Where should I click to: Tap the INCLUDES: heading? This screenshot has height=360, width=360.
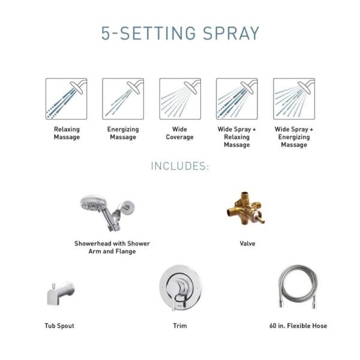pos(179,166)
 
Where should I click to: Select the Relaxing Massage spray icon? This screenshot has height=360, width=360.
pos(67,99)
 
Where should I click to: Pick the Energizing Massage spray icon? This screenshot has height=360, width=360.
pos(123,99)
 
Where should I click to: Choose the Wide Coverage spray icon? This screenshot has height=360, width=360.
pos(179,99)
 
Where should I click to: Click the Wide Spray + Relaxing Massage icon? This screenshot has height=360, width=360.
pos(236,99)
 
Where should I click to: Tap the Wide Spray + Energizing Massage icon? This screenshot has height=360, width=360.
pos(294,99)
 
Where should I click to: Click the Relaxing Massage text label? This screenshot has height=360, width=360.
pos(67,133)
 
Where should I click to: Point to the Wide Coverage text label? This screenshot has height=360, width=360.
pos(179,133)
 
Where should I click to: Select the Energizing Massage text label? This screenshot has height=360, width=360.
pos(123,133)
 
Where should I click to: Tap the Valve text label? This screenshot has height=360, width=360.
pos(247,244)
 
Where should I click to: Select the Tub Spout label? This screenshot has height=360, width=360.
pos(59,326)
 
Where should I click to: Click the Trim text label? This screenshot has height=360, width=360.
pos(179,326)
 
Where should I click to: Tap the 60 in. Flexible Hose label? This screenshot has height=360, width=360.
pos(298,326)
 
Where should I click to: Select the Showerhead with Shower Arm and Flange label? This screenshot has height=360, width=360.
pos(112,248)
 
